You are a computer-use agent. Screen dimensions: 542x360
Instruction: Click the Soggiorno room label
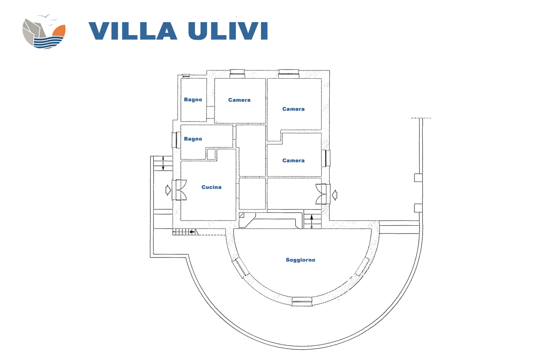point(300,260)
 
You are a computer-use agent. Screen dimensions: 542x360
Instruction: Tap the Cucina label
point(211,187)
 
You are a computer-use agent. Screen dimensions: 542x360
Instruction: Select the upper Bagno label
point(193,99)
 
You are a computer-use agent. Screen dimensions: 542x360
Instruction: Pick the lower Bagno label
point(193,139)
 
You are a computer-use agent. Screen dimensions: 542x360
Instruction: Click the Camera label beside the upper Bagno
point(239,100)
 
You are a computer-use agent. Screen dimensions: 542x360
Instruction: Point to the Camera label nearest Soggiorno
point(293,160)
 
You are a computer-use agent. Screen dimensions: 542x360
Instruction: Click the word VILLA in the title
point(133,31)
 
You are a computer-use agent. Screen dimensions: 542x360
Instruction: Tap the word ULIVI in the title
point(228,31)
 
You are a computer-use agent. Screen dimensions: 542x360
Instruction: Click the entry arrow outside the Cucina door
point(168,190)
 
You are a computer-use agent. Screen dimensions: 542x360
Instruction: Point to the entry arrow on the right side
point(335,195)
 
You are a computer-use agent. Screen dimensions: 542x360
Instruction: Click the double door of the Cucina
point(181,190)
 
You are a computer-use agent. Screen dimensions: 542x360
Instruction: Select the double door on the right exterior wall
point(321,194)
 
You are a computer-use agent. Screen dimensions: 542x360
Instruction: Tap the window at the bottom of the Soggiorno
point(302,302)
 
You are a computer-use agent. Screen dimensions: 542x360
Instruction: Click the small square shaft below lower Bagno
point(211,154)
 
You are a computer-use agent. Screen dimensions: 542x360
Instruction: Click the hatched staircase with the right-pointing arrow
point(185,232)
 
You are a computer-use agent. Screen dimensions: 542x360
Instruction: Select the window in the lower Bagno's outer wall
point(176,140)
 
